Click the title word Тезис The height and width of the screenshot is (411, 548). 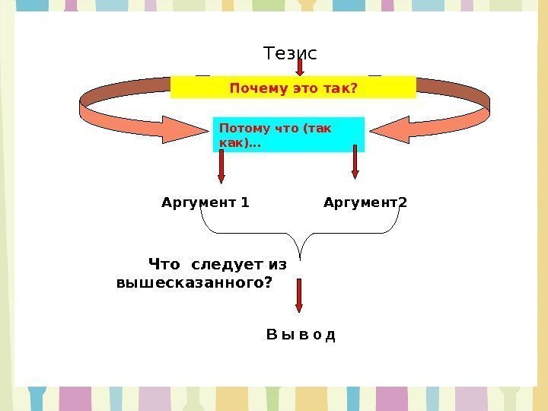click(289, 53)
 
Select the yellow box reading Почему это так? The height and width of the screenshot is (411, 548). click(293, 88)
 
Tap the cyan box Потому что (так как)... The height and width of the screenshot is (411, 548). click(288, 135)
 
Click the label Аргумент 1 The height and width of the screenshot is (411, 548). click(205, 202)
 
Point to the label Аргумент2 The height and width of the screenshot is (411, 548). click(365, 202)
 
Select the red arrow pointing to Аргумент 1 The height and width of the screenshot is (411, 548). click(221, 165)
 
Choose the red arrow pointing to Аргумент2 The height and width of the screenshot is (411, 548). click(355, 161)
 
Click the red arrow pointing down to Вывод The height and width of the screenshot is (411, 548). click(299, 295)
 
